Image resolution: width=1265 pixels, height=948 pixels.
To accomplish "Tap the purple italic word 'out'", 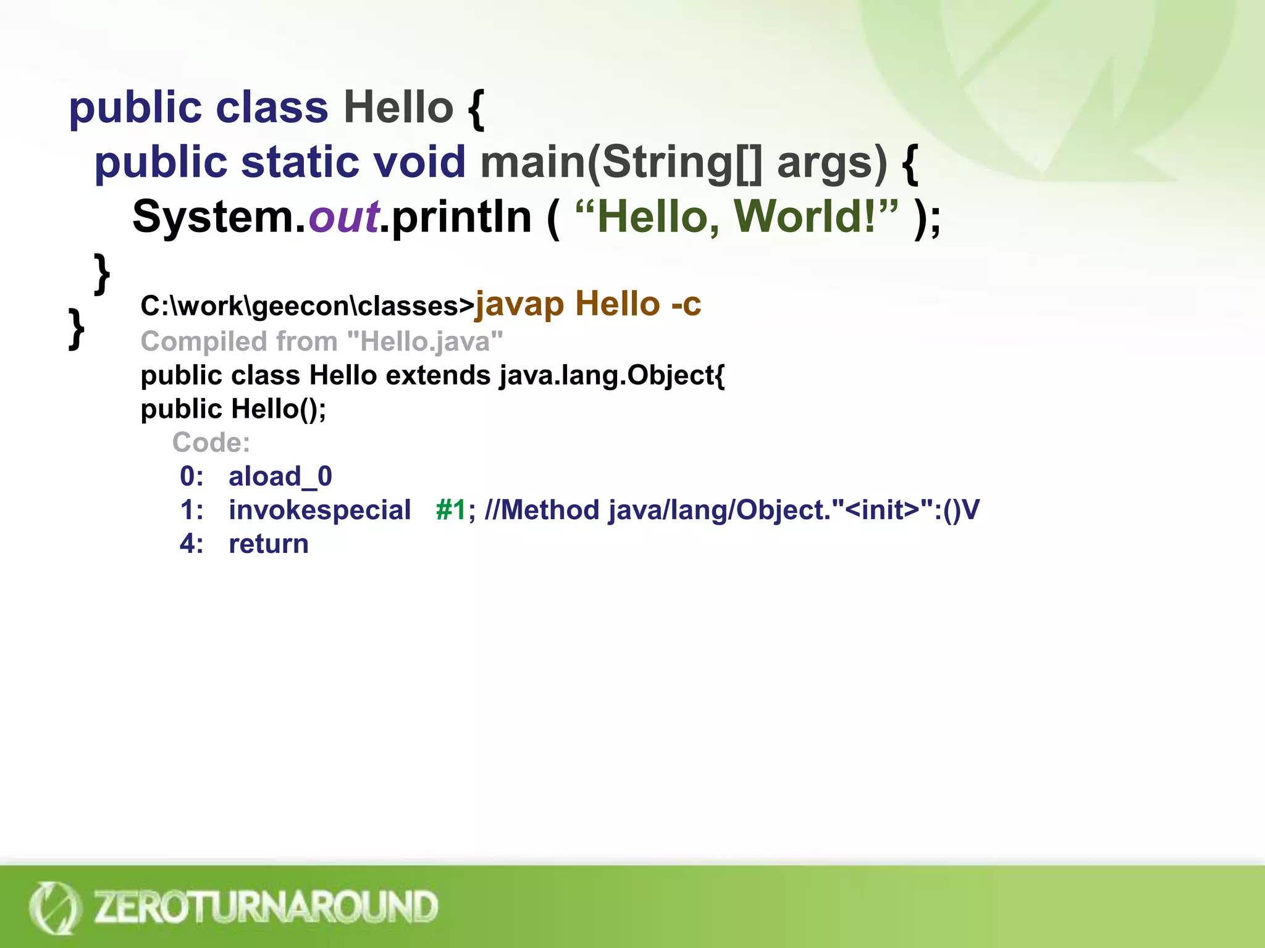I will coord(343,217).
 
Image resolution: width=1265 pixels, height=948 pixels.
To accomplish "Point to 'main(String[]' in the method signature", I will coord(621,162).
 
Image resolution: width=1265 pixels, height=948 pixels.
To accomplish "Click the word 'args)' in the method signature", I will coord(831,164).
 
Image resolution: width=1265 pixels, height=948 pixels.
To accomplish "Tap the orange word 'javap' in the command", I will coord(519,305).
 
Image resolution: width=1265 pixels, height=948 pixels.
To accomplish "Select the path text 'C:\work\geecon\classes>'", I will coord(307,306).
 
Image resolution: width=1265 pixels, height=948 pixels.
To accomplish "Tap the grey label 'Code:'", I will coord(211,443).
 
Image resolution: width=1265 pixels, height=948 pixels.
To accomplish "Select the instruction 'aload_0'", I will coord(280,476).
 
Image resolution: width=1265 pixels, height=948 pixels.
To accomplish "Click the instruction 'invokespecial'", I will coord(319,510).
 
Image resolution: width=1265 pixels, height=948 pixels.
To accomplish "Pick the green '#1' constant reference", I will coord(450,510).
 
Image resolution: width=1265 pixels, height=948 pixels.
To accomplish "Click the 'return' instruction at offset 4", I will coord(268,544).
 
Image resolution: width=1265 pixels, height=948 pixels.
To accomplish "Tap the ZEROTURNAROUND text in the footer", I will coord(266,907).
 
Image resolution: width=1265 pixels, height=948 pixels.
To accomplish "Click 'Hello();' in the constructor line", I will coord(279,409).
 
